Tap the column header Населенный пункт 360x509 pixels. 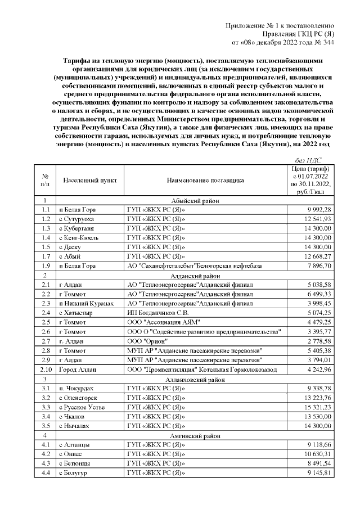(89, 181)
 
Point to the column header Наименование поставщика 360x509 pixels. (205, 181)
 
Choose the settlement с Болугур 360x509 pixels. (79, 472)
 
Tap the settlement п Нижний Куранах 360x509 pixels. (87, 303)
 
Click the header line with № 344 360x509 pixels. (283, 42)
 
